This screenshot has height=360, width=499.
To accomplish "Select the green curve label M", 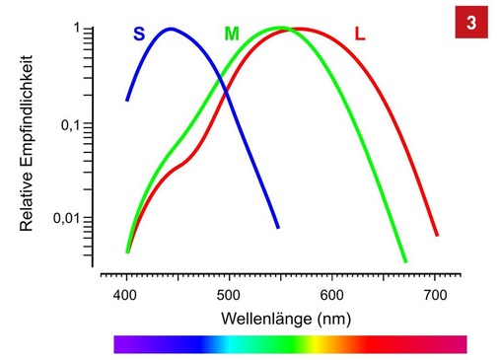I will click(232, 35).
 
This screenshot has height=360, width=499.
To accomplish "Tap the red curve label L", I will click(360, 35).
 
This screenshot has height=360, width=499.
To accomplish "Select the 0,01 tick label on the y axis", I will click(63, 218).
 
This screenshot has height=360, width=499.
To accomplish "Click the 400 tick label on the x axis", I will click(125, 294).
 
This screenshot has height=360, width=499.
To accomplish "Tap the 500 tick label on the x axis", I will click(229, 294).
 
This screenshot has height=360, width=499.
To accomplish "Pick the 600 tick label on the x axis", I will click(332, 294).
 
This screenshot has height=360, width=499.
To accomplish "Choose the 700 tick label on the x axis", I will click(435, 294).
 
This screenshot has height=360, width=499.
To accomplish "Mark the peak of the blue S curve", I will click(172, 29).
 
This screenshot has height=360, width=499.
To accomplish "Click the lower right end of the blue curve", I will click(278, 227).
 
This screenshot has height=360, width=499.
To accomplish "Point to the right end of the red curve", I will click(437, 235).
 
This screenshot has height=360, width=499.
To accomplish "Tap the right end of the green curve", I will click(405, 261).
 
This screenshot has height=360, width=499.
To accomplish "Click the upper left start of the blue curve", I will click(127, 100).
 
